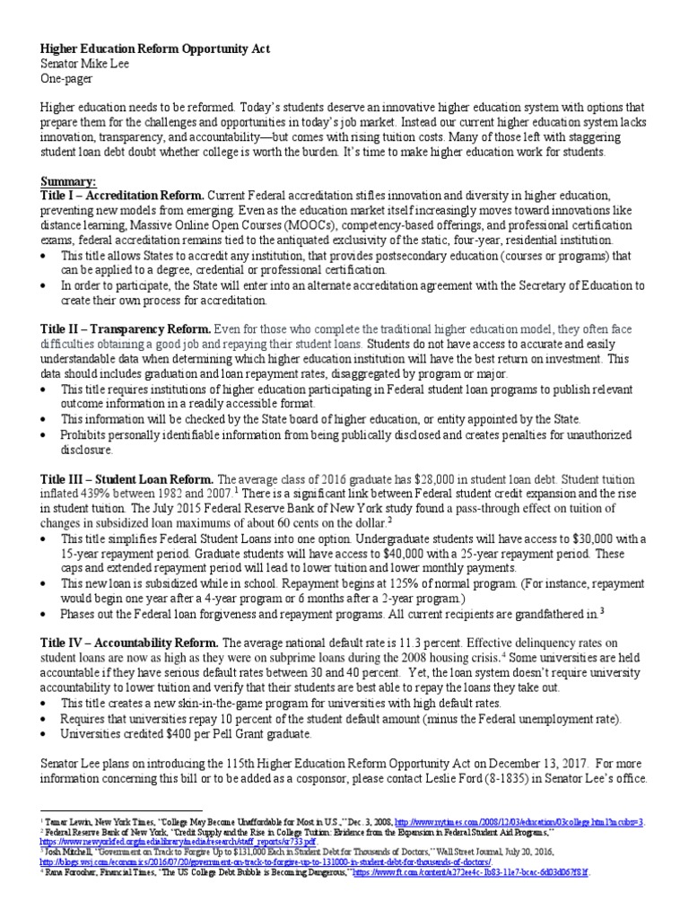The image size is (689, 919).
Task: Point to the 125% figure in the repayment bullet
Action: pos(423,583)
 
